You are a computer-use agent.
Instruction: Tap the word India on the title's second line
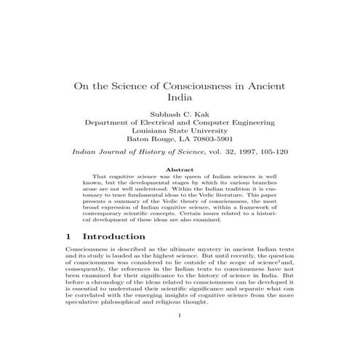180,99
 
